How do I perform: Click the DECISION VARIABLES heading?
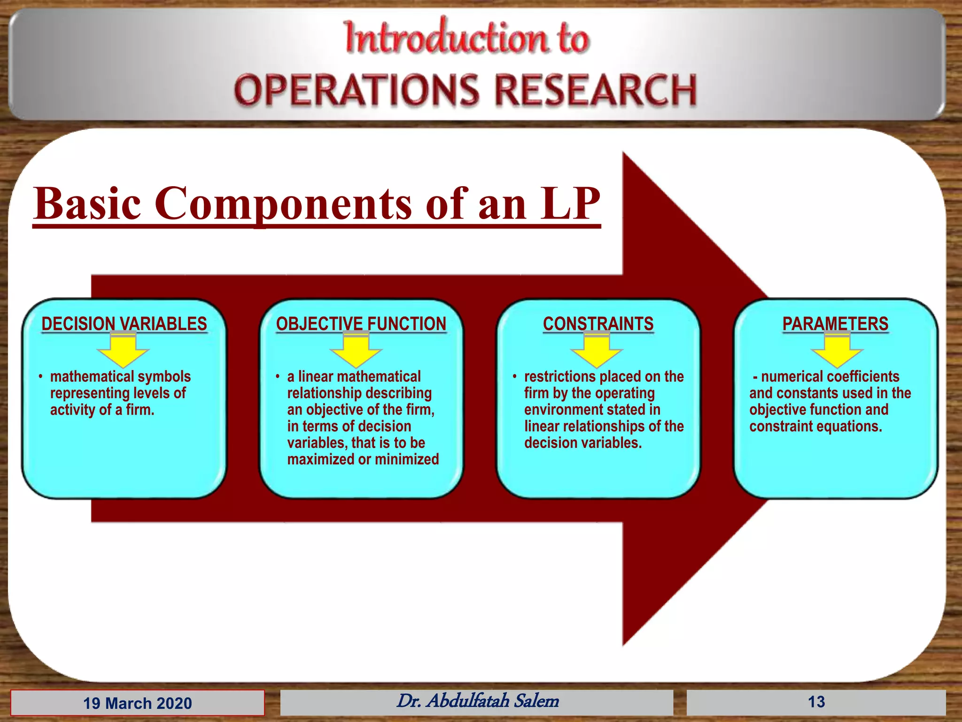[124, 324]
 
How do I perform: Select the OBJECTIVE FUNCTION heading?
[361, 324]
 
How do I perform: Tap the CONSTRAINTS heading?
[598, 324]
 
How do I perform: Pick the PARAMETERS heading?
[835, 324]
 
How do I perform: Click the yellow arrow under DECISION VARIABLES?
[123, 352]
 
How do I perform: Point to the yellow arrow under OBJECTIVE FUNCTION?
[356, 352]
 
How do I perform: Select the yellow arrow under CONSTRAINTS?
[597, 352]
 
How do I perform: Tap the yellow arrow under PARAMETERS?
[837, 352]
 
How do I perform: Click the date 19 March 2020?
[137, 703]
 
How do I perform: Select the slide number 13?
[816, 702]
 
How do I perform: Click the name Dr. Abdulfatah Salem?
[477, 701]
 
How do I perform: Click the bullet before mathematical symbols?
[41, 377]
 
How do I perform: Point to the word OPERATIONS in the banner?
[357, 90]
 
